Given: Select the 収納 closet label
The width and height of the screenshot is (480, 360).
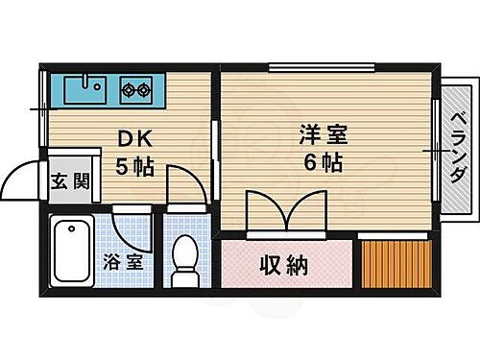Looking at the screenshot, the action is click(x=285, y=264).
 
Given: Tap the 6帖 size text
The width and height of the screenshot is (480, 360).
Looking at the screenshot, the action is click(x=324, y=162).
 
